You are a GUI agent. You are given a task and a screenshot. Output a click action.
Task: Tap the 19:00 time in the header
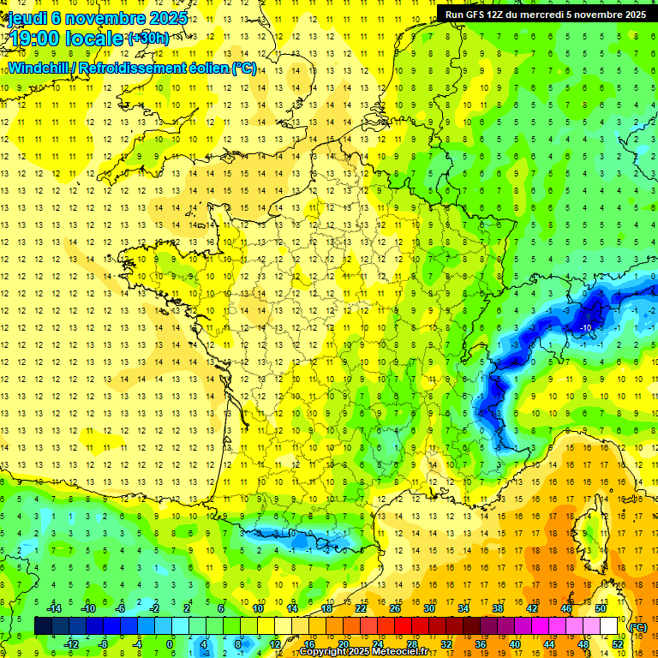point(33,39)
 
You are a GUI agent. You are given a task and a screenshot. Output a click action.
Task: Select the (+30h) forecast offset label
point(148,38)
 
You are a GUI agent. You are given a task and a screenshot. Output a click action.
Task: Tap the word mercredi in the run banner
point(563,14)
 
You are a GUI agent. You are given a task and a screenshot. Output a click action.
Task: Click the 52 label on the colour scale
point(617,643)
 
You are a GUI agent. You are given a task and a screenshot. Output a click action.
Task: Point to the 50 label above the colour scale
point(601,608)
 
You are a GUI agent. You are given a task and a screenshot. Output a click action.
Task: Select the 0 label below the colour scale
point(170,643)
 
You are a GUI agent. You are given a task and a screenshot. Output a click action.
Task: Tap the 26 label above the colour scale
point(394,608)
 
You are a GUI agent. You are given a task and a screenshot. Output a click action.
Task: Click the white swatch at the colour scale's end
point(609,625)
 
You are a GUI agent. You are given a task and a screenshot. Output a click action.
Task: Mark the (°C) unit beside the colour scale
point(638,626)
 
